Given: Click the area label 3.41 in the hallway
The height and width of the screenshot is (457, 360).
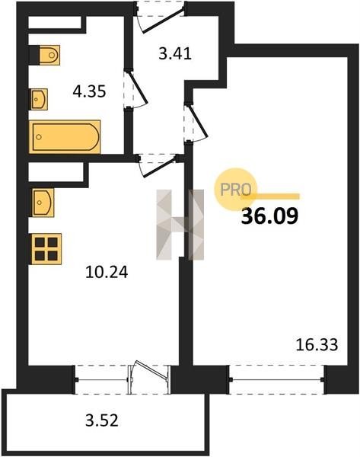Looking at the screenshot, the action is point(175,54).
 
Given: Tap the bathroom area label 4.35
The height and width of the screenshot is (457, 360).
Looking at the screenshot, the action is point(89,92).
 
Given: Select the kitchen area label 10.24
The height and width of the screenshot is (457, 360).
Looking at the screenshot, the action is point(107,273).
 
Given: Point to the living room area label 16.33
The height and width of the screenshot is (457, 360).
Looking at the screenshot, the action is point(317,345).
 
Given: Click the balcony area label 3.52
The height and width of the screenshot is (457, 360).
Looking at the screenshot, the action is point(102,420).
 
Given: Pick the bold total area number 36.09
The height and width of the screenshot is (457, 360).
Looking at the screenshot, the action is point(269,216).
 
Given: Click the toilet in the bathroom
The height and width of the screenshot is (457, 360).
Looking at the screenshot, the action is point(45,55).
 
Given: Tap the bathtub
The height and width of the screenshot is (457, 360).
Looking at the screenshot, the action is point(65,136).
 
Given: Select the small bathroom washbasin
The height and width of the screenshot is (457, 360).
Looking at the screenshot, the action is point(39,99).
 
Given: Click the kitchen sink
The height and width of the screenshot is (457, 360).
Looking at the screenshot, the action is point(43,203).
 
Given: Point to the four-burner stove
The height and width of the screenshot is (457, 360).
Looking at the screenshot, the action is point(46,249).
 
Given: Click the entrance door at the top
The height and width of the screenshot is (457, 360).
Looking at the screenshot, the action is point(160,16).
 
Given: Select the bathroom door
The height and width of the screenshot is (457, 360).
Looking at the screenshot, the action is point(135,90).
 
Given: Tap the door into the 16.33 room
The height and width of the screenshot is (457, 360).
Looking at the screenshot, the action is point(196,123).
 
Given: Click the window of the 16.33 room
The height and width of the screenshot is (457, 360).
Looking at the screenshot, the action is point(277,379).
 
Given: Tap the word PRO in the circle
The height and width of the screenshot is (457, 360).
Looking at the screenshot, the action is point(236,190).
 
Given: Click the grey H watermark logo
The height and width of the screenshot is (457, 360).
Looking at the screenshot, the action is point(180,225).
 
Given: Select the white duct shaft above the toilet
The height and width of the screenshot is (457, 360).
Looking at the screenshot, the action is point(55,23).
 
